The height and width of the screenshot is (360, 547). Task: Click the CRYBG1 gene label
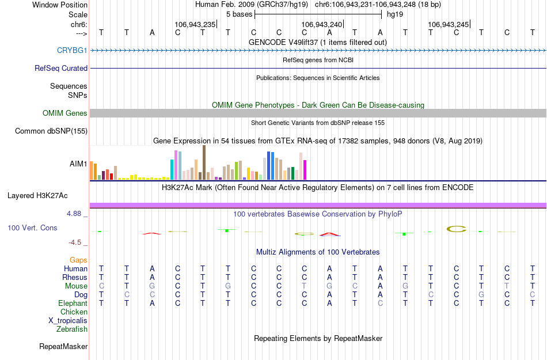point(72,51)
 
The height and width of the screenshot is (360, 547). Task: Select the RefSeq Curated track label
point(61,68)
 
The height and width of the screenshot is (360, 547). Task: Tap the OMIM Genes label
point(65,113)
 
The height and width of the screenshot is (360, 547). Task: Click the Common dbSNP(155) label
point(51,131)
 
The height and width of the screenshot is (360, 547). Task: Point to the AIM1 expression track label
point(78,164)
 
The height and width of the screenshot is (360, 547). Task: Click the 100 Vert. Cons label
point(32,228)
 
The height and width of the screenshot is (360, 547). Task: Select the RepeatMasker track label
point(63,347)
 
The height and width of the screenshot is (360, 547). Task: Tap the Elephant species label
point(73,304)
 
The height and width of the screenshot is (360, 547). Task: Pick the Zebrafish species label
point(72,329)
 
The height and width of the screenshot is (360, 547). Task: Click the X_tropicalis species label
point(68,321)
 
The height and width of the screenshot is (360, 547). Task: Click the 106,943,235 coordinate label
point(195,25)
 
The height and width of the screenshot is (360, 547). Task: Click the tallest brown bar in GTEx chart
point(204,162)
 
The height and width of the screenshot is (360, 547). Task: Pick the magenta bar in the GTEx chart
point(305,169)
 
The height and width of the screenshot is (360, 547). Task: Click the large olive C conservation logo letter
point(457,229)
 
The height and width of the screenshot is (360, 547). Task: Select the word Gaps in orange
point(78,260)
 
